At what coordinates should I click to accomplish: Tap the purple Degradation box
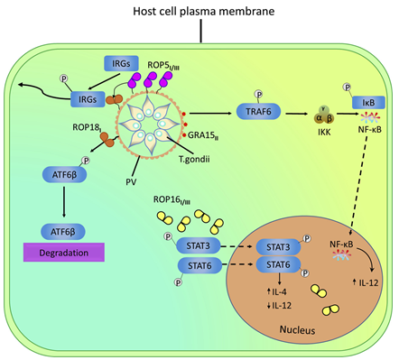(73, 254)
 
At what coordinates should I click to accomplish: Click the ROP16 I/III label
(179, 200)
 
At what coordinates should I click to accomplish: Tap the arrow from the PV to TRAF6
(214, 114)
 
